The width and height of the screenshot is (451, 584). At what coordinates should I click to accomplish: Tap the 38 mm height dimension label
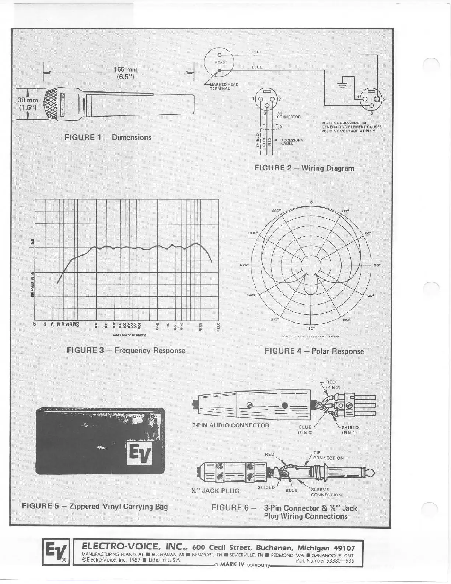[x=28, y=104]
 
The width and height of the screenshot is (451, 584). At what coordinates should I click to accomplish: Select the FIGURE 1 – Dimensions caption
[x=108, y=138]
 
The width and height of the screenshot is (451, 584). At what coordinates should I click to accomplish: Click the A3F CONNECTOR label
[x=289, y=115]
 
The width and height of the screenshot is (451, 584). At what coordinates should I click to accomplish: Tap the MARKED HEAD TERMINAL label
[x=224, y=86]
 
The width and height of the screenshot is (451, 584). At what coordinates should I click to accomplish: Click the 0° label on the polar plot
[x=312, y=202]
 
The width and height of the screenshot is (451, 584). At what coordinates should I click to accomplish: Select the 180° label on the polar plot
[x=311, y=328]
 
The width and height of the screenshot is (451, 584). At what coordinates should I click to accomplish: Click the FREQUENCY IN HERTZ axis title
[x=129, y=335]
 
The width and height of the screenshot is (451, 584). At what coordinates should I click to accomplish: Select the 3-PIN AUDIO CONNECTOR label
[x=231, y=425]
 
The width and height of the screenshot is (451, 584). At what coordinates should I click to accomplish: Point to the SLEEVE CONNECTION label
[x=326, y=492]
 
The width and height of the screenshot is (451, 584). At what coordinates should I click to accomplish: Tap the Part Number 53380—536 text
[x=325, y=561]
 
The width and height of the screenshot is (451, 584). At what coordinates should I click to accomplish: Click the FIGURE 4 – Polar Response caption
[x=314, y=351]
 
